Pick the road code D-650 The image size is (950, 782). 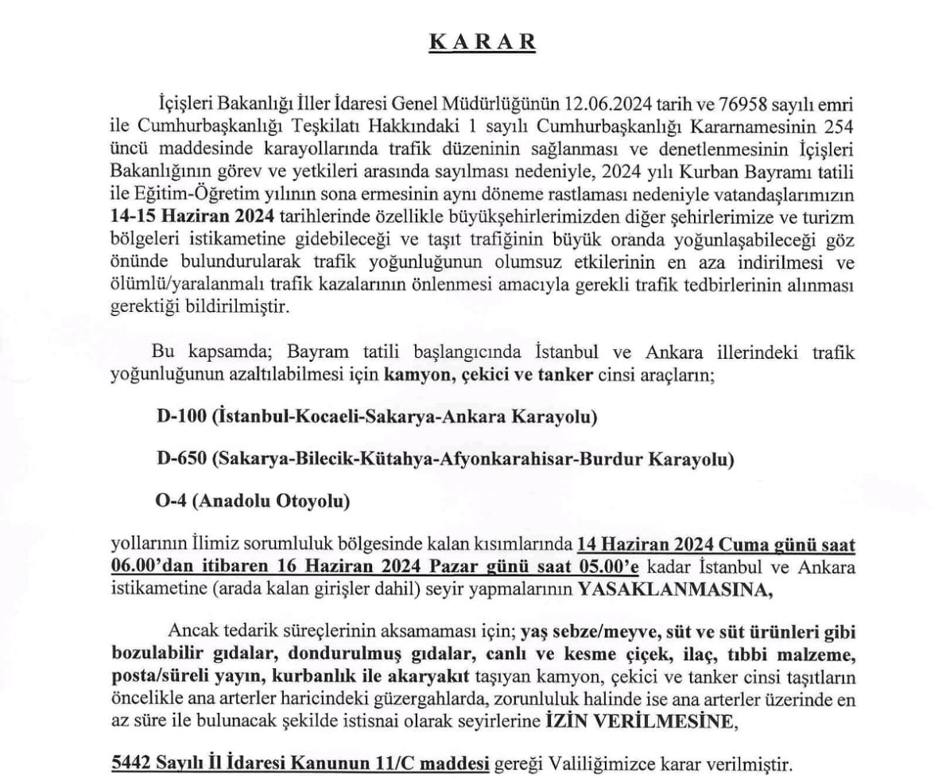coord(180,459)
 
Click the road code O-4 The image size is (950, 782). coord(172,501)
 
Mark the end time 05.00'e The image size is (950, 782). coord(613,567)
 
